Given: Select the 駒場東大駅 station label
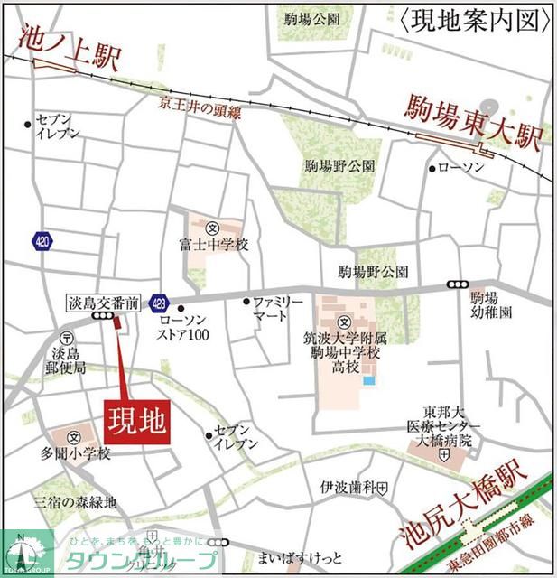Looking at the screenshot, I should [472, 121].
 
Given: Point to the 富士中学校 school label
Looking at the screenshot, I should [213, 245].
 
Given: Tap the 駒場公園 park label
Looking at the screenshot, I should [311, 19].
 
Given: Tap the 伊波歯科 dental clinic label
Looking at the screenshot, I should [345, 489].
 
